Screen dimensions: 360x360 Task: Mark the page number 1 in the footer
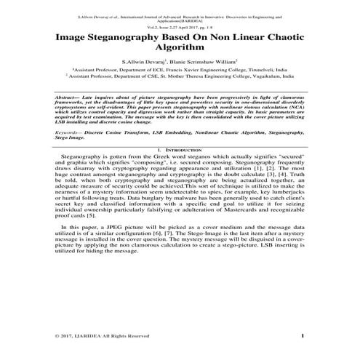click(302, 335)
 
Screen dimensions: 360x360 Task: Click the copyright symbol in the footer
click(57, 336)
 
